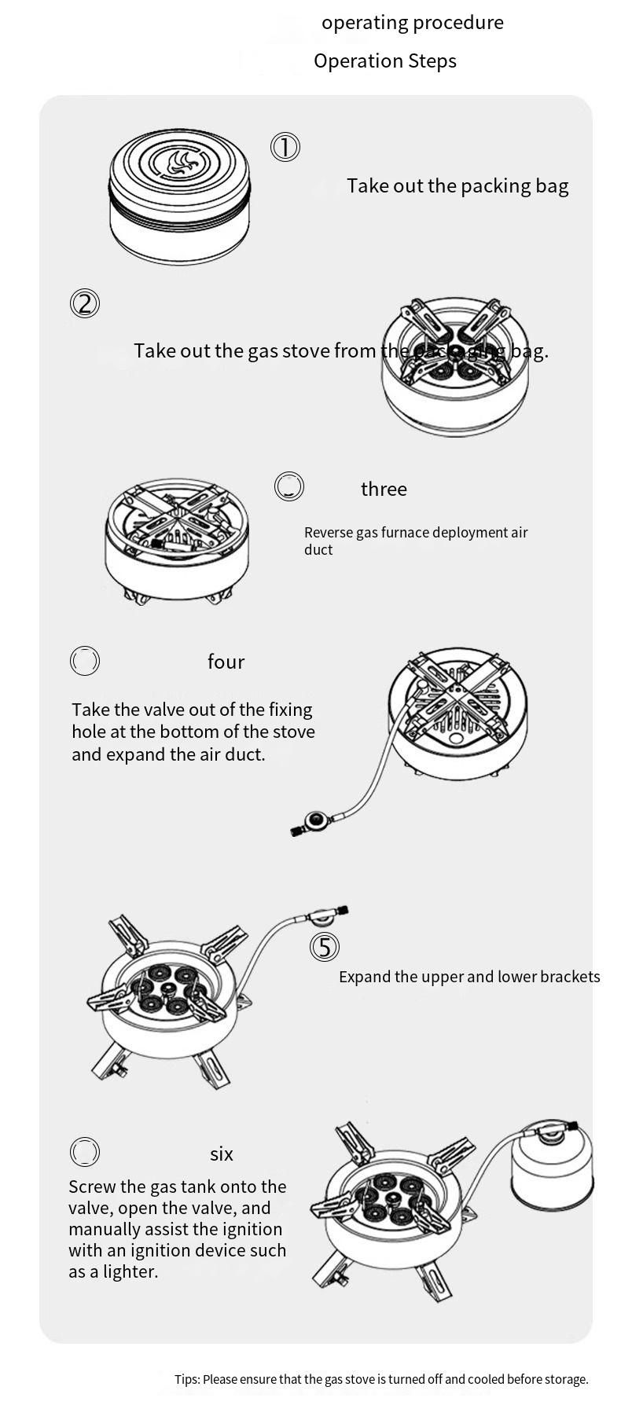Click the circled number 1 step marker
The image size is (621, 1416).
click(285, 147)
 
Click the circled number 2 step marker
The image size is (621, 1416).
click(85, 303)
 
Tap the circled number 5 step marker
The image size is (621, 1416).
click(325, 947)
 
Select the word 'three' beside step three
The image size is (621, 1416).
click(384, 489)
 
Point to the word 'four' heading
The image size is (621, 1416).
click(226, 662)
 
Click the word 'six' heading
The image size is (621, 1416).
click(222, 1154)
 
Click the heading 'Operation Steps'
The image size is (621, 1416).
click(385, 61)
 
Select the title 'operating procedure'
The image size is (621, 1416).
click(413, 22)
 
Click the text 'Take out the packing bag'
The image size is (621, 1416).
click(457, 185)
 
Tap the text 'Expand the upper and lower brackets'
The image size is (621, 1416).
click(469, 977)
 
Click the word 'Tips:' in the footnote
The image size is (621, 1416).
click(187, 1379)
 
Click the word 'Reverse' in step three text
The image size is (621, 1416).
click(328, 532)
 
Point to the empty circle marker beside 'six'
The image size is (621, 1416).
click(85, 1152)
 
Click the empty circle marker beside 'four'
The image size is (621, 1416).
click(85, 661)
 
